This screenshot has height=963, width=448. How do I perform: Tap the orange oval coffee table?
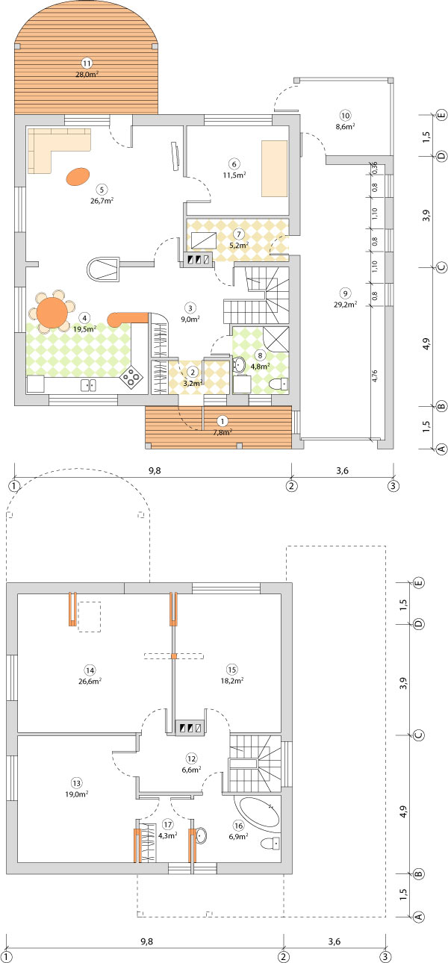[x=78, y=176]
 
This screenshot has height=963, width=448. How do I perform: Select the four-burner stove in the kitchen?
[x=131, y=378]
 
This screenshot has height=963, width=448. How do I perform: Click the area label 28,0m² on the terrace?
[x=87, y=74]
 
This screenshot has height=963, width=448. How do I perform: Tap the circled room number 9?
[x=345, y=293]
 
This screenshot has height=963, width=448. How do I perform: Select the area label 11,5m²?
[x=234, y=175]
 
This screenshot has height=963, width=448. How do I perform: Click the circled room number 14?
[x=90, y=670]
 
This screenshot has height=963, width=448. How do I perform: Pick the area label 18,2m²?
[x=232, y=681]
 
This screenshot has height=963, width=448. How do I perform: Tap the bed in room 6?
[x=274, y=169]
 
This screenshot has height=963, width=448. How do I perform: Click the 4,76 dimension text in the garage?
[x=375, y=375]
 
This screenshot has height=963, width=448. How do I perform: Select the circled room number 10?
[x=345, y=115]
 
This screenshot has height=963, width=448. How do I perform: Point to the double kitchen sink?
[x=88, y=385]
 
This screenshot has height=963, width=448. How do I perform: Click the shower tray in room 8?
[x=276, y=339]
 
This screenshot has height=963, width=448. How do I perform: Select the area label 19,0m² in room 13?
[x=76, y=794]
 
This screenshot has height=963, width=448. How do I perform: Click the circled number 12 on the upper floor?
[x=191, y=758]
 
